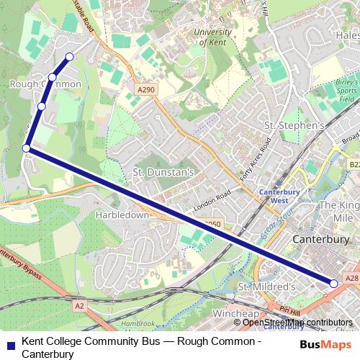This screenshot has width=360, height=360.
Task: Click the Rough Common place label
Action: tap(45, 84)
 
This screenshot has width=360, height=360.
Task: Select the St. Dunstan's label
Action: tap(164, 172)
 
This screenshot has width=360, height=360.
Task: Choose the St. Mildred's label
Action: tap(266, 287)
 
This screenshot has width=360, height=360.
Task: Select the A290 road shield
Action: tap(146, 89)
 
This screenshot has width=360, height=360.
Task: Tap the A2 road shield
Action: tap(79, 306)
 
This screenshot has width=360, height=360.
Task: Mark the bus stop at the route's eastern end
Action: tap(333, 284)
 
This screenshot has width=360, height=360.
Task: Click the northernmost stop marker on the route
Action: tap(70, 56)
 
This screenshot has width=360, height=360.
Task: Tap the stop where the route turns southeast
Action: tap(27, 148)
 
